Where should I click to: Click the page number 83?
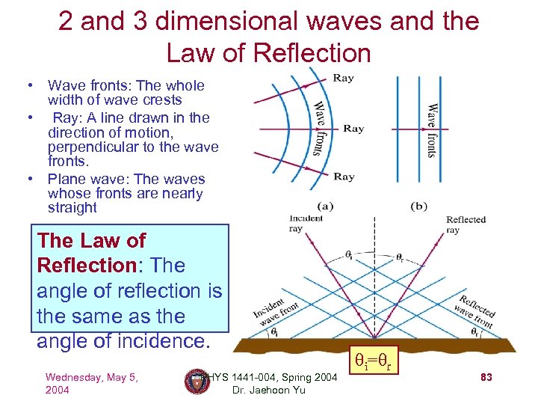point(485,379)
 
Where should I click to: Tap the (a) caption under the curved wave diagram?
point(326,205)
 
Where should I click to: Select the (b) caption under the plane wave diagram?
point(419,205)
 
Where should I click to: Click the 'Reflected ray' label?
point(466,224)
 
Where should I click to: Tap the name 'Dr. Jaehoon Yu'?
point(269,390)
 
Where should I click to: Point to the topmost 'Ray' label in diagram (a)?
point(344,78)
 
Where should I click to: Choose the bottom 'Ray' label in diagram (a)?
point(344,177)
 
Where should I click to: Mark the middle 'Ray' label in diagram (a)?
point(353,129)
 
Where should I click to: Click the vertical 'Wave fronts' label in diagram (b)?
point(431,130)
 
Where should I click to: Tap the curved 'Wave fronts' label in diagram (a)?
point(318,128)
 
